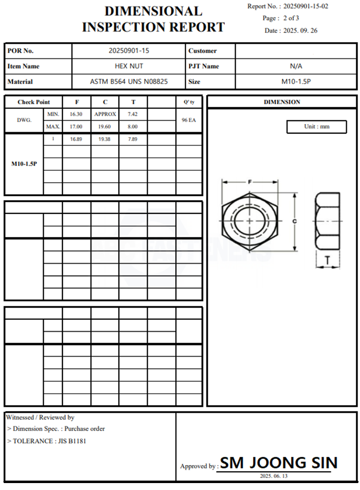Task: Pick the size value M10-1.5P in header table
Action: pos(296,82)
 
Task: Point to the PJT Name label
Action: pos(204,66)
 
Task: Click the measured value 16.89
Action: pos(76,140)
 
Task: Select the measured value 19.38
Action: pos(104,140)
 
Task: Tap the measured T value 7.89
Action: pos(133,140)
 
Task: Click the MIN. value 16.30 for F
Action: pos(76,114)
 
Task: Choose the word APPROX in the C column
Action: pos(105,114)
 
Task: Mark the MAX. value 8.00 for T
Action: pos(133,127)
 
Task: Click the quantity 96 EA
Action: pos(188,120)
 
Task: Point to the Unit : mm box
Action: pos(316,127)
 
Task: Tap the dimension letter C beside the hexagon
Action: pos(294,222)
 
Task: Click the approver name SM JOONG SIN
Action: pos(279,463)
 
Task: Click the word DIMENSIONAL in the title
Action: pos(153,11)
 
